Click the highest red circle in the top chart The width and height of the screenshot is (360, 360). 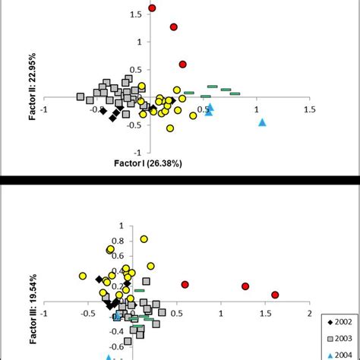click(x=152, y=8)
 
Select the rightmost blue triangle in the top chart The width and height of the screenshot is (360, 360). click(x=262, y=122)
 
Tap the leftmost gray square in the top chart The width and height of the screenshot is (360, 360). click(x=81, y=96)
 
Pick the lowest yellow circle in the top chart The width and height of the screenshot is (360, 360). click(x=170, y=128)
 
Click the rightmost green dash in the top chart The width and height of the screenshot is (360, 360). click(x=235, y=93)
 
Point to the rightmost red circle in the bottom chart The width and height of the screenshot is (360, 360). click(x=275, y=295)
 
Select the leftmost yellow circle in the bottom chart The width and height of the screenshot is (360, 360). click(x=82, y=276)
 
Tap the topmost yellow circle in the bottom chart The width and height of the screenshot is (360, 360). click(x=144, y=239)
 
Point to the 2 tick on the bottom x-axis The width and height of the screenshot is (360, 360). click(x=309, y=312)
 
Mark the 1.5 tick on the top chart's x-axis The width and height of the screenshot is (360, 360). click(x=309, y=109)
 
